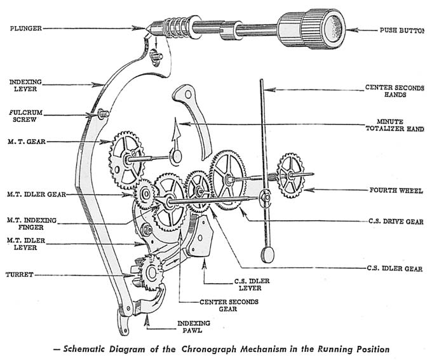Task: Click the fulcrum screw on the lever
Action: pos(102,114)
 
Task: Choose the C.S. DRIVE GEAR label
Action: pos(396,221)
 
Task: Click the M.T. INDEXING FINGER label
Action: pos(32,224)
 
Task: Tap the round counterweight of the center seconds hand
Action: pos(267,254)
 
